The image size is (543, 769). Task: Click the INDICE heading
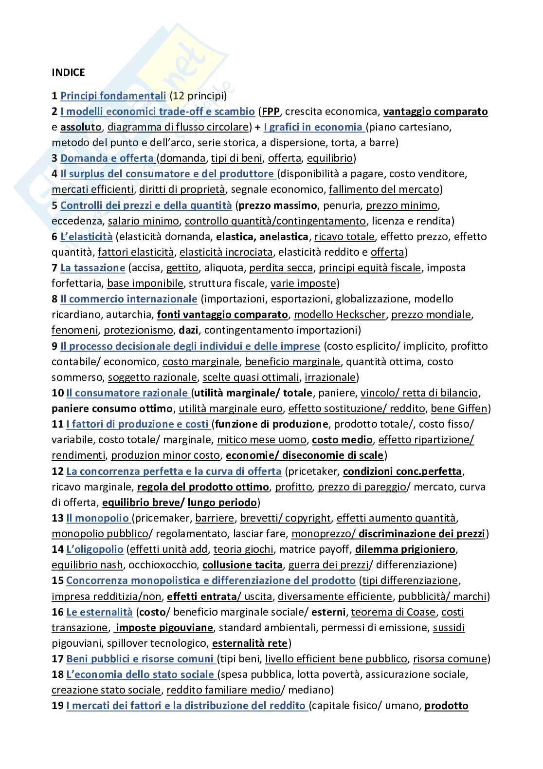click(68, 73)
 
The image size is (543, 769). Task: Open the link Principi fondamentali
click(113, 96)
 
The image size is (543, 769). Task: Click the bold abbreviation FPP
click(271, 112)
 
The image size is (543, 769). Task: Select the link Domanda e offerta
click(107, 158)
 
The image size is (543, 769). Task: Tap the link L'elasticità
click(86, 237)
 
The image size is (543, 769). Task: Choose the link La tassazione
click(92, 268)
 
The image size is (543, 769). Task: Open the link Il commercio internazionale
click(128, 299)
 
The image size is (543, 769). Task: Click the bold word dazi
click(188, 330)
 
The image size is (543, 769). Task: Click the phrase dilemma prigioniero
click(405, 549)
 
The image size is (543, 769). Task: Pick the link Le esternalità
click(99, 612)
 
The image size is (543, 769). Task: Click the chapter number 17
click(57, 659)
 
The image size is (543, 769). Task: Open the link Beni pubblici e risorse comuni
click(140, 659)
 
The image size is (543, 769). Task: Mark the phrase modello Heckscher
click(340, 315)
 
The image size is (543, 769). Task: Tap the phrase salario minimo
click(143, 221)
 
